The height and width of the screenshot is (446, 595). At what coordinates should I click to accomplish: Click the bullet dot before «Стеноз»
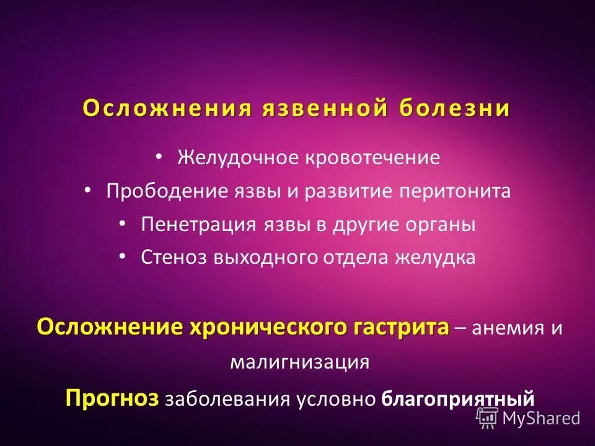point(122,255)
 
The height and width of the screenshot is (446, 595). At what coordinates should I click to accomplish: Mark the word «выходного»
point(267,258)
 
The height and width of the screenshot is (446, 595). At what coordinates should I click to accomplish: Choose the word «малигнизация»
point(299,361)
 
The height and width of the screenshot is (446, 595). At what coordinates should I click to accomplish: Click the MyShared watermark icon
point(487,418)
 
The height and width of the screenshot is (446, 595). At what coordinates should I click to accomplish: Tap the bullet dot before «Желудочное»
point(159,155)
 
